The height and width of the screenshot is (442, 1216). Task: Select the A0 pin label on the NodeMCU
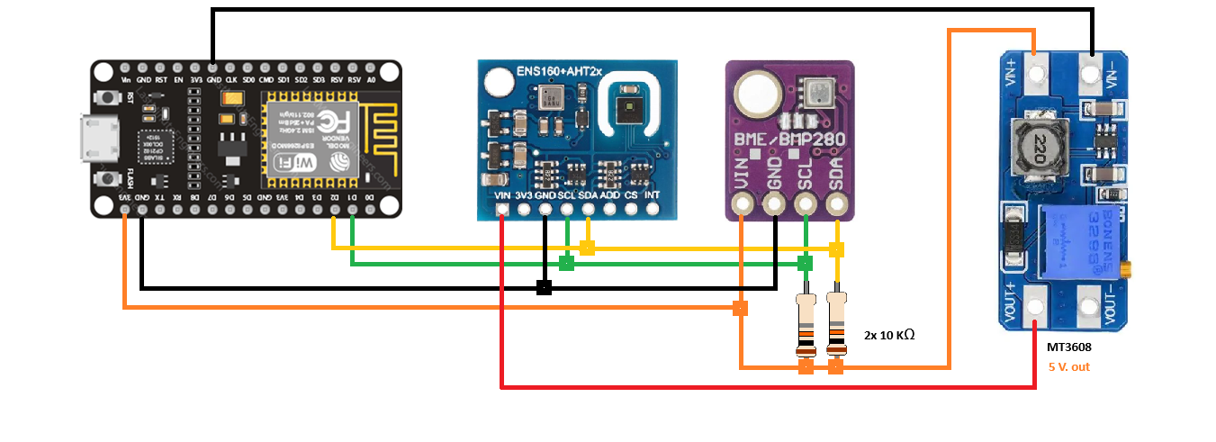coord(370,80)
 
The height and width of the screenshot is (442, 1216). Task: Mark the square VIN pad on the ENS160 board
coord(501,211)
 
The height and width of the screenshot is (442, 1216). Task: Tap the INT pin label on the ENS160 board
coord(652,194)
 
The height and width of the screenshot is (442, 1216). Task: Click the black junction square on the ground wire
coord(544,287)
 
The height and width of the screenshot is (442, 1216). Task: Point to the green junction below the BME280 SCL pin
coord(805,263)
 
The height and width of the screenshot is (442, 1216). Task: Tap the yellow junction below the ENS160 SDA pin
coord(587,248)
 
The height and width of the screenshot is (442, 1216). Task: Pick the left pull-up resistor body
coord(806,324)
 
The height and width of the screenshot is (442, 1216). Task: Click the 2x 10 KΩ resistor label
coord(889,335)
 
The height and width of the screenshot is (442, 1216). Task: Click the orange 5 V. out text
coord(1069,367)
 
